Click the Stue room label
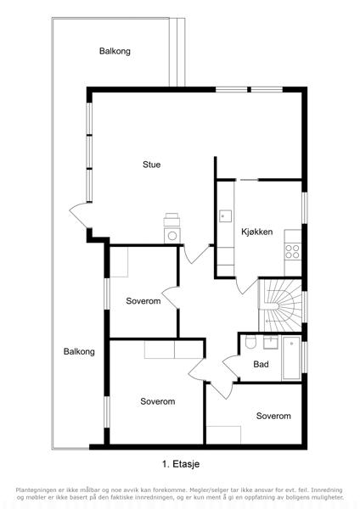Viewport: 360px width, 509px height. [x=151, y=165]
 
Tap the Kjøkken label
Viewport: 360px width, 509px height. [x=256, y=232]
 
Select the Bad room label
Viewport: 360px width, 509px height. [x=261, y=364]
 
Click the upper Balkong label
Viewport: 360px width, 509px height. [x=115, y=51]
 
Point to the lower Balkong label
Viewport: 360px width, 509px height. [x=79, y=351]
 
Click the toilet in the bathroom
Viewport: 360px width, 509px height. [x=250, y=342]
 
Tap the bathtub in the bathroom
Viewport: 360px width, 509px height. [x=291, y=358]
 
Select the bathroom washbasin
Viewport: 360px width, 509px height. [x=270, y=343]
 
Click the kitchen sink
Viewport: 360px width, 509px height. [x=225, y=215]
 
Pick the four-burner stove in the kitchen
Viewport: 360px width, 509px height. [x=292, y=251]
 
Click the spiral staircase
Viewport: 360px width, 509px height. [x=279, y=305]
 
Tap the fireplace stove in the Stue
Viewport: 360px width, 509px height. [x=172, y=228]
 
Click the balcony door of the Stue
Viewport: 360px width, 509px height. [x=79, y=215]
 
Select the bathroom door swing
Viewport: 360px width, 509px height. [x=231, y=366]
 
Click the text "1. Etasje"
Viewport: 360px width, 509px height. [x=181, y=464]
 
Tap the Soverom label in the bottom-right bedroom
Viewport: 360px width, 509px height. [x=273, y=416]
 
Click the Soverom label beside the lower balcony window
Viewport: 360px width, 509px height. [x=158, y=401]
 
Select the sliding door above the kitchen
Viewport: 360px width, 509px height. [x=247, y=180]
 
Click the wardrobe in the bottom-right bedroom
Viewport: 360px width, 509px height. [x=223, y=434]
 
